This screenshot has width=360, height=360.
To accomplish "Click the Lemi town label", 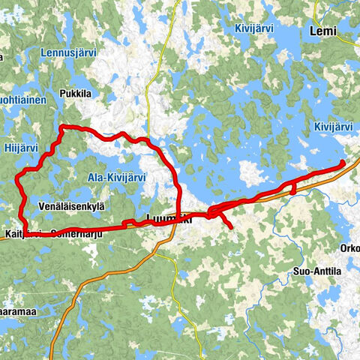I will (324, 31).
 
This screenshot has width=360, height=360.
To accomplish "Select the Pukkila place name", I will (76, 94).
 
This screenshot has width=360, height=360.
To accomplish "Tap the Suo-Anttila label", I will (318, 273).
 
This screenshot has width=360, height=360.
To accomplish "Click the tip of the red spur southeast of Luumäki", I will (232, 226).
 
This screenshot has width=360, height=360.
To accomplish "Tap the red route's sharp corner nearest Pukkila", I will (61, 127).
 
